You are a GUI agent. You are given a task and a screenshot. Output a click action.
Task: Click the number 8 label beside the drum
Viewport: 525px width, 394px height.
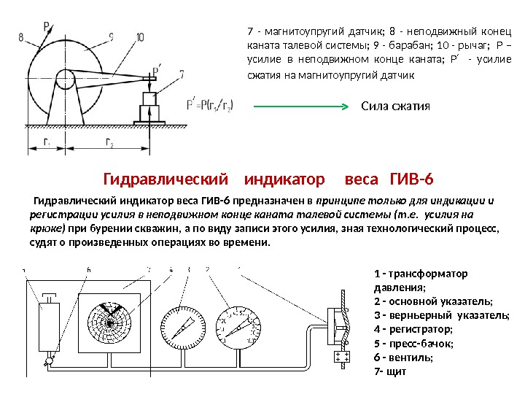20,35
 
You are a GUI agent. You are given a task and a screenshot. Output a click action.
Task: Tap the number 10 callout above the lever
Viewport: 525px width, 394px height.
139,36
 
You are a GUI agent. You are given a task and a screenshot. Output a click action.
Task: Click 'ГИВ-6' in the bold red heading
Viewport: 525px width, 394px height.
412,179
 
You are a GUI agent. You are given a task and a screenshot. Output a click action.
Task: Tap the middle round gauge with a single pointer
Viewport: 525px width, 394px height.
179,328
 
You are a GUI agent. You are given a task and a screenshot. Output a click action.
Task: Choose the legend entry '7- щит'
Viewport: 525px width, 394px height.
388,371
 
